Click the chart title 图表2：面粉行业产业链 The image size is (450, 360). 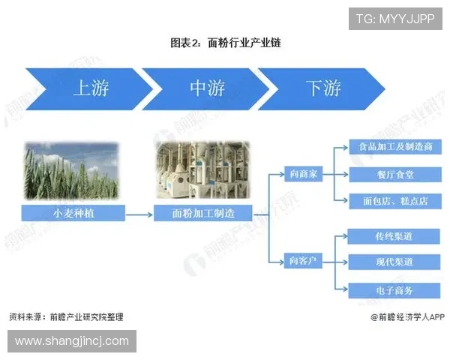pos(225,43)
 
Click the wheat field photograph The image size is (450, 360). pos(72,170)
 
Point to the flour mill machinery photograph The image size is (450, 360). pos(202,170)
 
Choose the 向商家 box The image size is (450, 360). pos(304,174)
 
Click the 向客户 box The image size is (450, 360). pos(304,261)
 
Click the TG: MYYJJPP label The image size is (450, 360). pos(395,19)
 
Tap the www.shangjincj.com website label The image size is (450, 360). pos(72,341)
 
